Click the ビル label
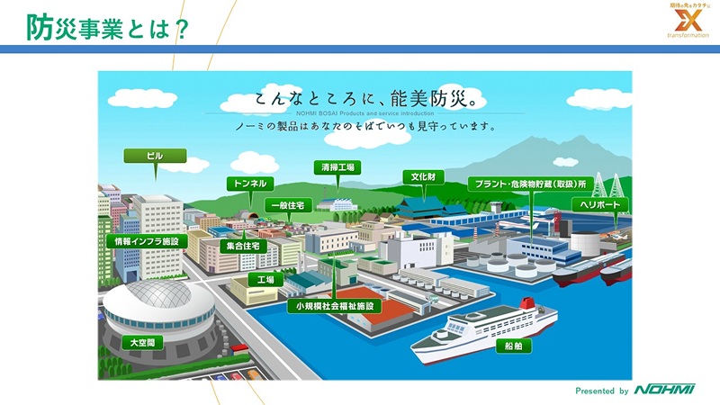155,156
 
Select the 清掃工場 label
337,167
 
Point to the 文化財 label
424,176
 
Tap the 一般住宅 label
292,206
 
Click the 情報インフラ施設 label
147,241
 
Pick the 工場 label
265,280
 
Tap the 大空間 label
142,343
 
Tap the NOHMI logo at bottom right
664,390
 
